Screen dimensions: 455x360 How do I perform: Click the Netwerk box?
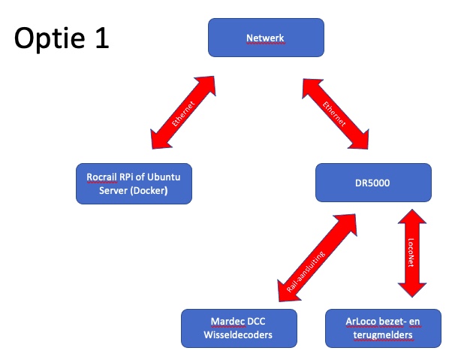[x=266, y=38]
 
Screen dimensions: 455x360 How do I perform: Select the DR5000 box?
[x=373, y=183]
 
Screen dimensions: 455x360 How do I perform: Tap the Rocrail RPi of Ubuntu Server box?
[x=134, y=183]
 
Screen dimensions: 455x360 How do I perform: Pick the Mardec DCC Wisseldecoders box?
[x=239, y=328]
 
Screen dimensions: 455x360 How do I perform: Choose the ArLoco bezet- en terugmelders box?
[x=383, y=328]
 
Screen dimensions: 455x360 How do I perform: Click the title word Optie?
[x=50, y=38]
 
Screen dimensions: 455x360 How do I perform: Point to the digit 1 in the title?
[x=102, y=38]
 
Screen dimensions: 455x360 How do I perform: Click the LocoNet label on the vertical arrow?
[x=411, y=253]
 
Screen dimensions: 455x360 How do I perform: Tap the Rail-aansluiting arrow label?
[x=306, y=271]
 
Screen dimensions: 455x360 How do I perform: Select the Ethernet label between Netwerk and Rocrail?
[x=182, y=113]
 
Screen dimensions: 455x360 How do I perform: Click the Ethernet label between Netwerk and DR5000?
[x=334, y=114]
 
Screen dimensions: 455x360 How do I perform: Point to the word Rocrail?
[x=101, y=177]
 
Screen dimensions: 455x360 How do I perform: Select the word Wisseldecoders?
[x=238, y=334]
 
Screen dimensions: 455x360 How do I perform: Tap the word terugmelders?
[x=383, y=335]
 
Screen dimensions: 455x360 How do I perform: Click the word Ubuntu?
[x=164, y=177]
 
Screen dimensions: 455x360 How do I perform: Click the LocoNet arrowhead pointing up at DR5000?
[x=412, y=216]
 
